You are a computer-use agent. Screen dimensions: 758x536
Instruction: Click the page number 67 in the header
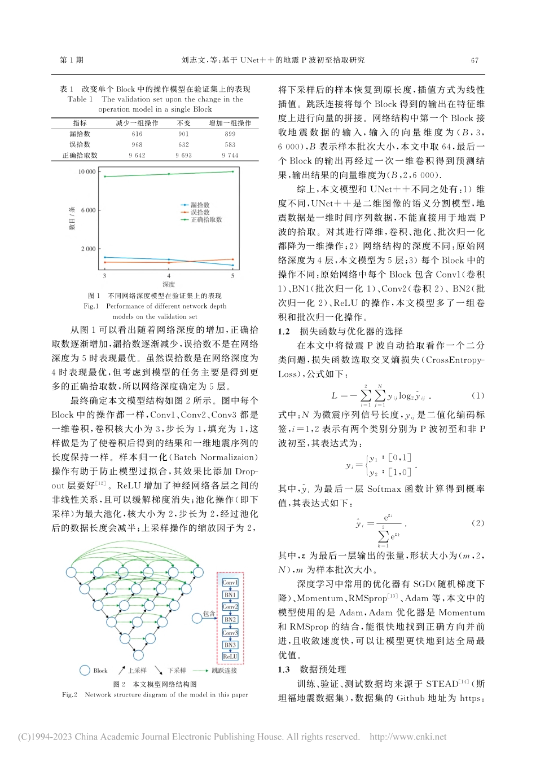[475, 60]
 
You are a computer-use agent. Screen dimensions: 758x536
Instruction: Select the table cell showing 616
[137, 134]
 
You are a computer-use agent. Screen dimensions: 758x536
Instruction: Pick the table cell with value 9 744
[230, 155]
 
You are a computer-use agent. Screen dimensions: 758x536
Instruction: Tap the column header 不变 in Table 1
[184, 123]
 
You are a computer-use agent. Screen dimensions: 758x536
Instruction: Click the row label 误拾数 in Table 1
[80, 144]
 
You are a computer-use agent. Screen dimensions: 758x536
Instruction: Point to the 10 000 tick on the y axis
[87, 171]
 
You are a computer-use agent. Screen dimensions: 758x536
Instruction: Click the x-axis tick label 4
[169, 276]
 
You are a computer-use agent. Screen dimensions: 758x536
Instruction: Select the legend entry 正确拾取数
[207, 220]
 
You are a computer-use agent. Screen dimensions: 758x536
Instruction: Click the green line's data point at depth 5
[232, 171]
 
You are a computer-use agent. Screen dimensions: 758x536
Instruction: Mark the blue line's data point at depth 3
[104, 257]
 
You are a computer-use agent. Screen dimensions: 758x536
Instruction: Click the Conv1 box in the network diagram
[230, 582]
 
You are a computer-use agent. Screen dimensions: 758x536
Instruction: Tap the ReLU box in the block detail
[230, 656]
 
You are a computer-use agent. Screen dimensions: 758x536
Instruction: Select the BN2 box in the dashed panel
[230, 619]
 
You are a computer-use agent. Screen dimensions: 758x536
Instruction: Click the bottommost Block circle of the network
[138, 655]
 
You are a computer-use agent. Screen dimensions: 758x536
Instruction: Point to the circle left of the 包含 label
[197, 618]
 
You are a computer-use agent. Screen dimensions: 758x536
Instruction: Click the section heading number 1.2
[284, 332]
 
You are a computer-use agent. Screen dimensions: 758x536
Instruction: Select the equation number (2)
[477, 523]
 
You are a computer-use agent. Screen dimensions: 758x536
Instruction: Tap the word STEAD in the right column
[442, 684]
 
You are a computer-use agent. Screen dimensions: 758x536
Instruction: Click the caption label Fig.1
[91, 306]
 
